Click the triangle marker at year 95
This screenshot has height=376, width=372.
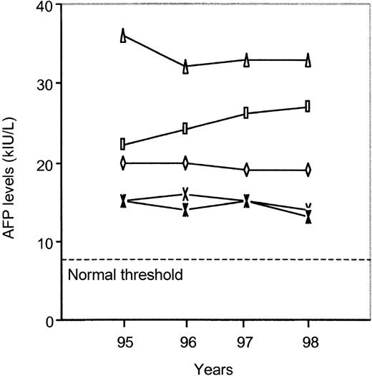point(123,35)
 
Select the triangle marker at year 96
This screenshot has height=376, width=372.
point(185,66)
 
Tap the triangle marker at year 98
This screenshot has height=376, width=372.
point(308,60)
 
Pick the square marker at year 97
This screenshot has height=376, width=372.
point(246,112)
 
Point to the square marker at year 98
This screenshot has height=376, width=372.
point(308,106)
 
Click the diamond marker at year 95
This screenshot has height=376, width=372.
point(123,163)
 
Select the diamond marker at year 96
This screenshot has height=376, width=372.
point(185,163)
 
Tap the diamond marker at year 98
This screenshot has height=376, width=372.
point(308,170)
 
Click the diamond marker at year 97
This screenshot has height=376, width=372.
point(246,170)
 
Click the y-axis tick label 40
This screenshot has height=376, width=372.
point(45,6)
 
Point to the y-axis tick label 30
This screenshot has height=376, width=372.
point(45,85)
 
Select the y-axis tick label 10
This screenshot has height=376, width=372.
point(45,242)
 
